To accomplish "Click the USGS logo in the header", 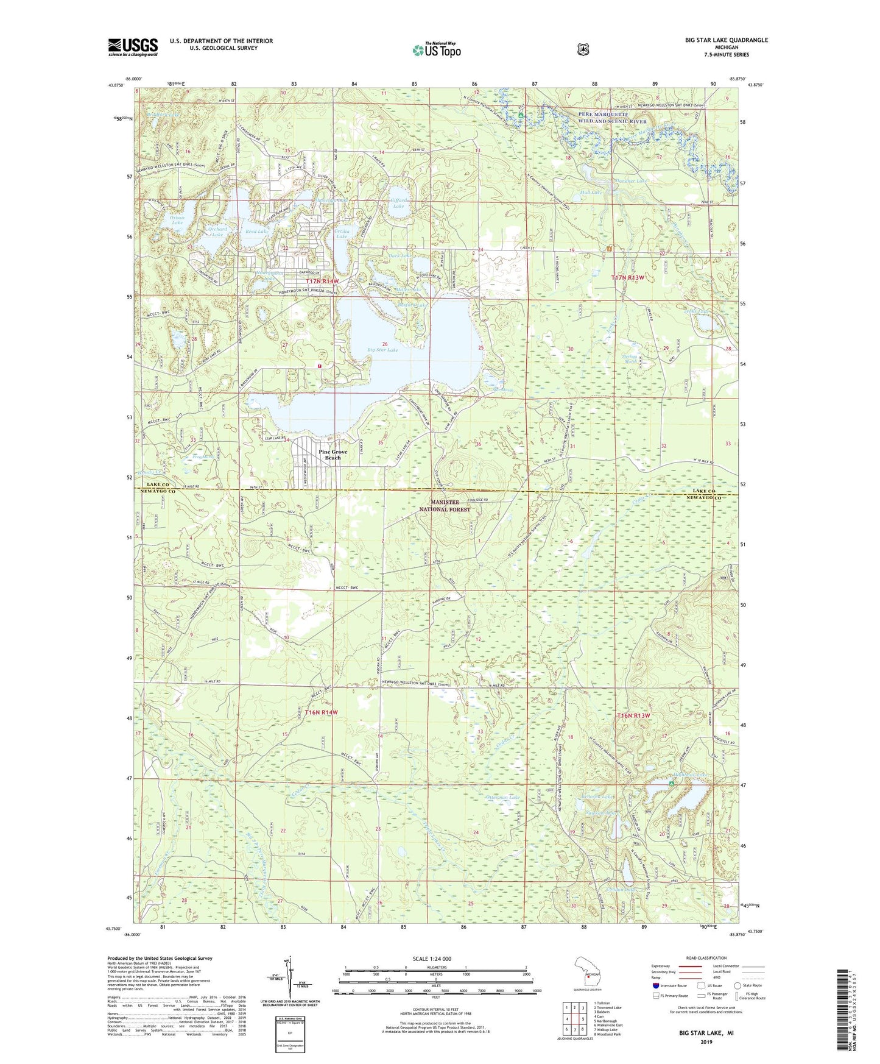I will pos(133,46).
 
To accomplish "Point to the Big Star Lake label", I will pos(382,350).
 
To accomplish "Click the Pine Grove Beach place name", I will pos(333,455).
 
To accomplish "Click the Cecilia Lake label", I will pos(342,234).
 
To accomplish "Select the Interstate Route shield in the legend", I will pos(655,985).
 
